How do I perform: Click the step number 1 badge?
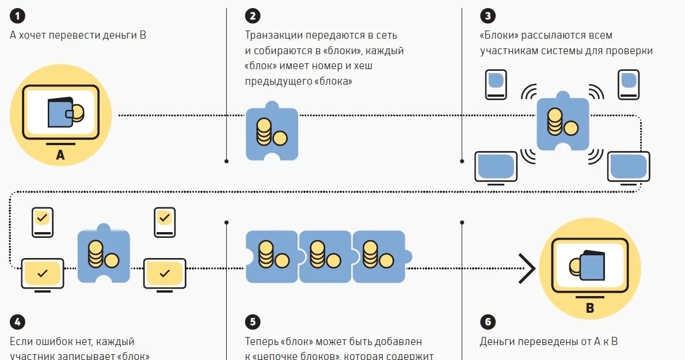16,15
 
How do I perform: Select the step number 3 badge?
486,15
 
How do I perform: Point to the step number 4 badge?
16,322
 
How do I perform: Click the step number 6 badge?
486,322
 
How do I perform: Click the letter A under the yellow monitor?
60,154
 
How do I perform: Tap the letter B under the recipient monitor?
589,309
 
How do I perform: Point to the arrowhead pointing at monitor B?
526,268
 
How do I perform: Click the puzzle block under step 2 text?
272,132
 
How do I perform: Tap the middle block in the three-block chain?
325,256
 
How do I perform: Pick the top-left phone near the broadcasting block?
496,84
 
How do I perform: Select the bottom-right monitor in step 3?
628,167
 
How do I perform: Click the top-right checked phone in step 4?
165,222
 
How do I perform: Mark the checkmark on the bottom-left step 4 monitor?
42,272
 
